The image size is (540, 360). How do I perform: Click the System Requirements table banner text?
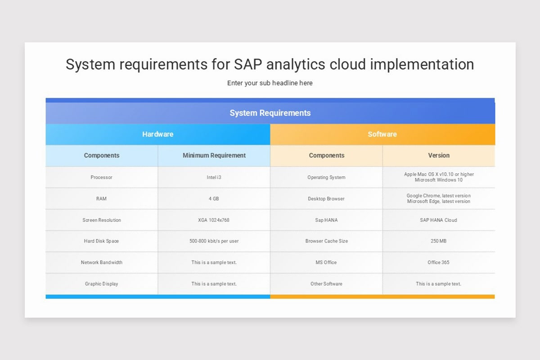point(270,113)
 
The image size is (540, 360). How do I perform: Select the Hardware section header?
point(157,134)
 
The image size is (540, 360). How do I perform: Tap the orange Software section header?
point(382,134)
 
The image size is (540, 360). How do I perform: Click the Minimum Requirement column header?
point(214,156)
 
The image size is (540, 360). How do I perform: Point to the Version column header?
point(439,156)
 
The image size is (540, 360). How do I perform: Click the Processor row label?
point(102,177)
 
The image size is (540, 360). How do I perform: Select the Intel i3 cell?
point(214,177)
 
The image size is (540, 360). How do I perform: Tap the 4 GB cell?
point(214,199)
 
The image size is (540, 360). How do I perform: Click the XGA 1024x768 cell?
point(214,220)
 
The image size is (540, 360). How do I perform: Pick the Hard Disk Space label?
point(101,241)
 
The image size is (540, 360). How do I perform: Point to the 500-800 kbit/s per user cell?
point(214,241)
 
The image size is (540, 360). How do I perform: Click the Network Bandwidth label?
point(102,262)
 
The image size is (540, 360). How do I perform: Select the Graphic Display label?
point(102,284)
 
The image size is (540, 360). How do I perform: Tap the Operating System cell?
point(326,177)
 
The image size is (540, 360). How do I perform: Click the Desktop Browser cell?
point(326,199)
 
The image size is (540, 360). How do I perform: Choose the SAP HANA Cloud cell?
point(438,220)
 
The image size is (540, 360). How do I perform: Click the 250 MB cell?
point(438,241)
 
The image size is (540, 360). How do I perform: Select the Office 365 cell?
point(438,262)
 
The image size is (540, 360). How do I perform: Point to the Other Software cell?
point(326,284)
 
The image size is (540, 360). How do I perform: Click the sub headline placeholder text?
point(270,83)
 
